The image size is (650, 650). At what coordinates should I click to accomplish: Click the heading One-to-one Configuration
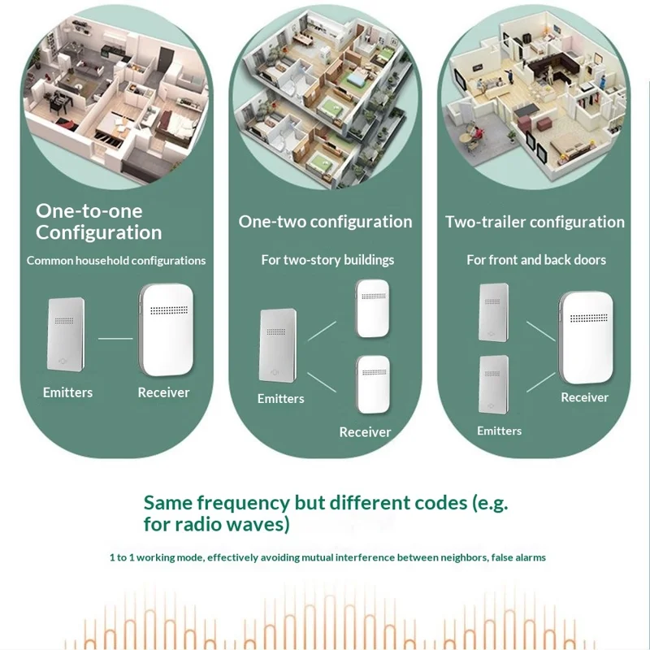coord(99,222)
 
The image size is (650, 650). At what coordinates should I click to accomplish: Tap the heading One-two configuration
coord(325,222)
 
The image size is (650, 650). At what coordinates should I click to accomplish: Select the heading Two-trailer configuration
coord(535,222)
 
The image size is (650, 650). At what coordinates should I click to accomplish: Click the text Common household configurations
coord(116,261)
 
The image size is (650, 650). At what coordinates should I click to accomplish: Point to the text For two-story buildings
coord(327,260)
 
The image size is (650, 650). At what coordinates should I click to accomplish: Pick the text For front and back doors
coord(536,260)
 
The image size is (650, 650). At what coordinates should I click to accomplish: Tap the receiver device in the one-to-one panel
coord(167,329)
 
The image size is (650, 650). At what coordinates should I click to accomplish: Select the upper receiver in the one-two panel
coord(373,309)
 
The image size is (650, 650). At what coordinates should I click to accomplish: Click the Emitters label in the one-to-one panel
coord(67,392)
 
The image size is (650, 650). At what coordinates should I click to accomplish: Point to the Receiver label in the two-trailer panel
coord(584,397)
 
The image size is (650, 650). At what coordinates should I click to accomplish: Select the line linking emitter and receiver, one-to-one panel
coord(115,337)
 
